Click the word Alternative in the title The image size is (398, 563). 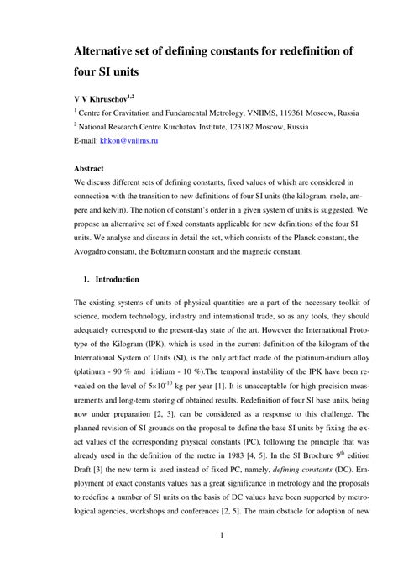click(107, 51)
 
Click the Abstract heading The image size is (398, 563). click(89, 169)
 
